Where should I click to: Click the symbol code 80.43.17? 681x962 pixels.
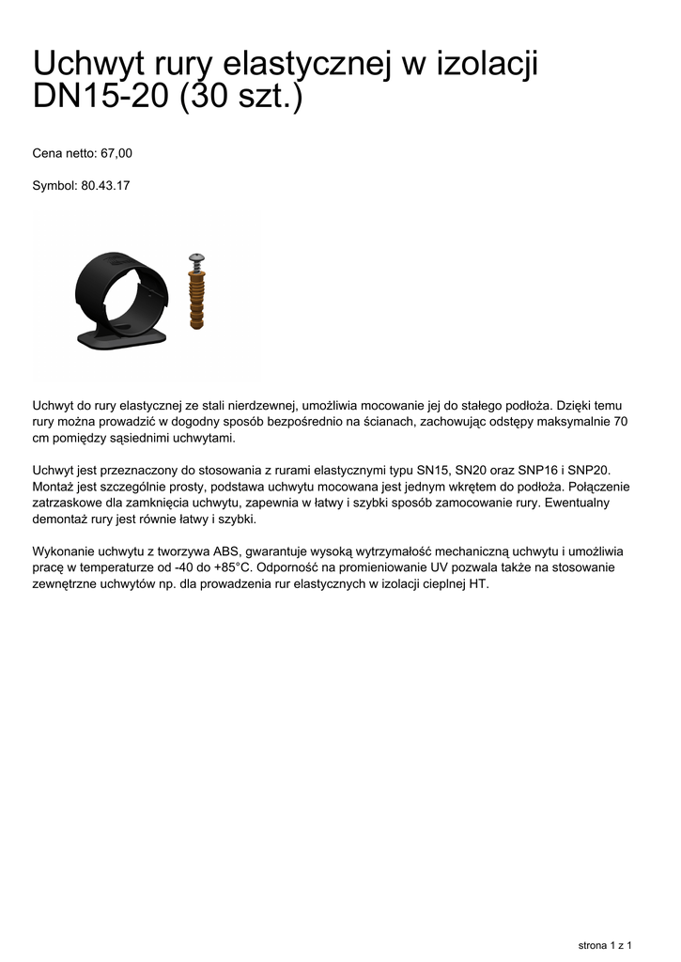click(x=105, y=186)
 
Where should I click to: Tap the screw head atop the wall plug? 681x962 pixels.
click(x=197, y=256)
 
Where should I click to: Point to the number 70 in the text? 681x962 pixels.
click(x=620, y=422)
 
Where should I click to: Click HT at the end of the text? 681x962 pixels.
click(x=480, y=584)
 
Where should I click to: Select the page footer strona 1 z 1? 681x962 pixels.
click(x=604, y=944)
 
